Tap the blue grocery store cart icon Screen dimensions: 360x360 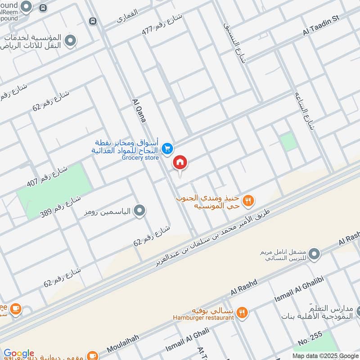click(x=167, y=148)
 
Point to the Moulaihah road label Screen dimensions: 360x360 click(x=123, y=343)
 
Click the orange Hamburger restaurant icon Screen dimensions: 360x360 click(x=242, y=311)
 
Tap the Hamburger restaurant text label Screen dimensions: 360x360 click(x=203, y=318)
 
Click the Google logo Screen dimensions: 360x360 click(x=18, y=354)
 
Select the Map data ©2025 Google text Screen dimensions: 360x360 click(x=325, y=355)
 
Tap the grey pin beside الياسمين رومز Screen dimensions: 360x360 click(x=140, y=210)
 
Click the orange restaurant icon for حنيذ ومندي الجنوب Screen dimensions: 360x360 click(x=248, y=201)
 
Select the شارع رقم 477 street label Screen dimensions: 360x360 click(x=161, y=24)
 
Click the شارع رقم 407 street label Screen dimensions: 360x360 click(x=54, y=177)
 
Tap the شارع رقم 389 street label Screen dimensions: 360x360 click(x=60, y=206)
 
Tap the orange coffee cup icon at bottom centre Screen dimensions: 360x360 click(x=92, y=355)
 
